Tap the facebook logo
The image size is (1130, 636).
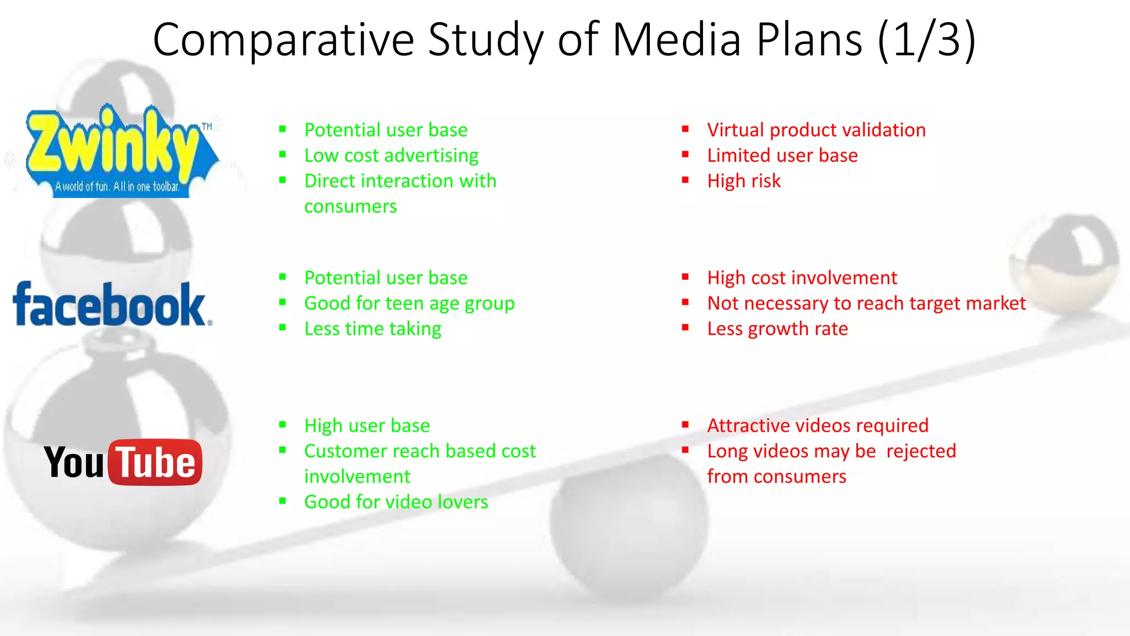click(x=110, y=305)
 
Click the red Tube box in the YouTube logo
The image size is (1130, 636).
click(x=156, y=463)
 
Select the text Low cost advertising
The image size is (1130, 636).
click(x=391, y=156)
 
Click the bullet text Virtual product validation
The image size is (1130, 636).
click(x=816, y=130)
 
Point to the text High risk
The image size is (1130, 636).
click(x=744, y=181)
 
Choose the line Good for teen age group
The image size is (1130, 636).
click(x=409, y=304)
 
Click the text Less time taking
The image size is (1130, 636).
click(x=372, y=329)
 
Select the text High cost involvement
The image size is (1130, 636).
click(x=802, y=278)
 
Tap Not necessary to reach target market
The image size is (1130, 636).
click(x=866, y=304)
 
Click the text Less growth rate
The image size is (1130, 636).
click(x=777, y=329)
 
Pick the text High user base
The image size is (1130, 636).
click(x=367, y=426)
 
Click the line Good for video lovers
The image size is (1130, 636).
click(x=396, y=502)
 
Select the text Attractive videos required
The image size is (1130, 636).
click(x=818, y=426)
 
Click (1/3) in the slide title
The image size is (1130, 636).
click(x=927, y=40)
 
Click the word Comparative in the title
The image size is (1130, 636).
click(x=283, y=40)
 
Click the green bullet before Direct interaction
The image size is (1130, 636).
click(x=282, y=180)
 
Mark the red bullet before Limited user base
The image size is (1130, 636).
click(x=685, y=155)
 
